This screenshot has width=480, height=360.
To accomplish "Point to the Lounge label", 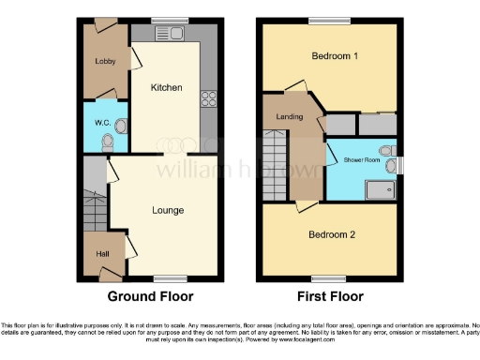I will [166, 210].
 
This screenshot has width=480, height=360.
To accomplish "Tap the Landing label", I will [289, 115].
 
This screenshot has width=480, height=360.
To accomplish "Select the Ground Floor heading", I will [150, 296].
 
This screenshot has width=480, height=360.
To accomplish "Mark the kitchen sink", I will [178, 35].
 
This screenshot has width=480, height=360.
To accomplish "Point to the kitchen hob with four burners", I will [209, 97].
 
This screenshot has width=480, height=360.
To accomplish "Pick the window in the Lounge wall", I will [167, 277].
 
